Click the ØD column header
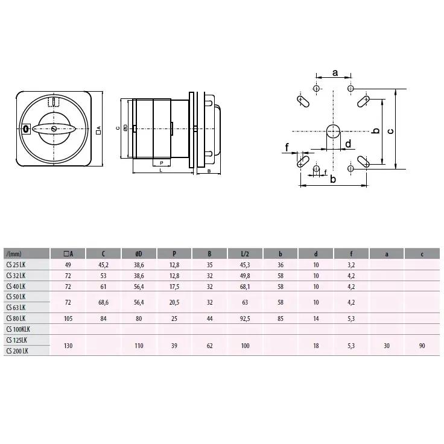click(139, 254)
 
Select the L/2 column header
click(245, 254)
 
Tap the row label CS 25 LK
click(16, 265)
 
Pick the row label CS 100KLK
click(18, 329)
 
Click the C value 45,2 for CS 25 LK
click(103, 265)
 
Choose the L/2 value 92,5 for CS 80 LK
click(245, 319)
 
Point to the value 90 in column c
click(422, 346)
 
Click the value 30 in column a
click(387, 346)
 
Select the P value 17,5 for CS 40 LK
click(174, 287)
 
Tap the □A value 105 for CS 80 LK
click(68, 319)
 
